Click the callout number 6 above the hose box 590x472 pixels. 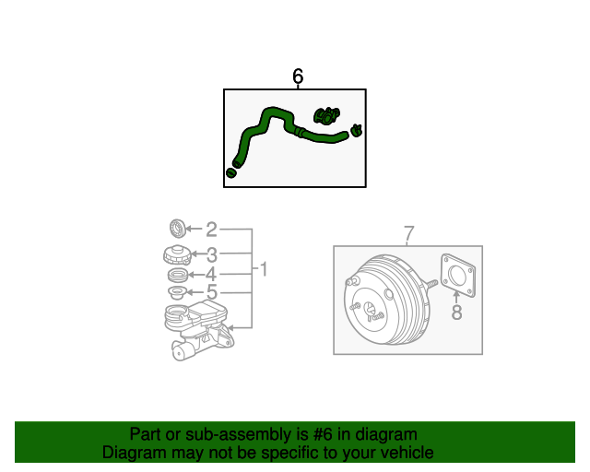click(x=298, y=77)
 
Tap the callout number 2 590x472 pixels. click(x=211, y=230)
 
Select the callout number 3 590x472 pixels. click(x=212, y=254)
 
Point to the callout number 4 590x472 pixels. click(x=211, y=275)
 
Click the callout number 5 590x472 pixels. click(x=212, y=291)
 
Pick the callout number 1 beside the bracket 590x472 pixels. click(x=264, y=269)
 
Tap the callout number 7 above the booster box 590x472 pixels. click(x=409, y=233)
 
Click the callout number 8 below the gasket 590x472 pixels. click(x=457, y=312)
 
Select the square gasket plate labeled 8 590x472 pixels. click(x=458, y=276)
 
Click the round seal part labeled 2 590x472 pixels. click(x=178, y=228)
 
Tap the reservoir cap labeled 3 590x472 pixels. click(x=177, y=254)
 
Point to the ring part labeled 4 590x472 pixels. click(x=178, y=275)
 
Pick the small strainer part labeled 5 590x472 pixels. click(x=177, y=292)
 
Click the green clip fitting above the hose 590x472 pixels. click(x=326, y=115)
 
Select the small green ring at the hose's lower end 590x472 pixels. click(x=231, y=173)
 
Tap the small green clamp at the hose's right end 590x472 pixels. click(x=356, y=130)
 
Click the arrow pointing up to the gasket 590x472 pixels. click(x=456, y=297)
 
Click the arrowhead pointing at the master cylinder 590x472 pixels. click(x=230, y=328)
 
